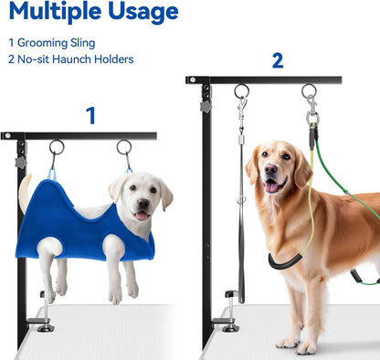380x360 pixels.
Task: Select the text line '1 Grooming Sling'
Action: (x=51, y=42)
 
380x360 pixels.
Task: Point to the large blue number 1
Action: (x=90, y=116)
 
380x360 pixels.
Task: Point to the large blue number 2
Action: (x=277, y=61)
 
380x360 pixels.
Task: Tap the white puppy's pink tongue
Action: (x=140, y=217)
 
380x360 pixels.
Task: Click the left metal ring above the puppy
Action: (x=57, y=146)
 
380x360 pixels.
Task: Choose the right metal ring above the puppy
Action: (x=123, y=146)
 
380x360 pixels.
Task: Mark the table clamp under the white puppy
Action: (x=43, y=315)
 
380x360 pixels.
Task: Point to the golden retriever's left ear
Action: (x=251, y=164)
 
